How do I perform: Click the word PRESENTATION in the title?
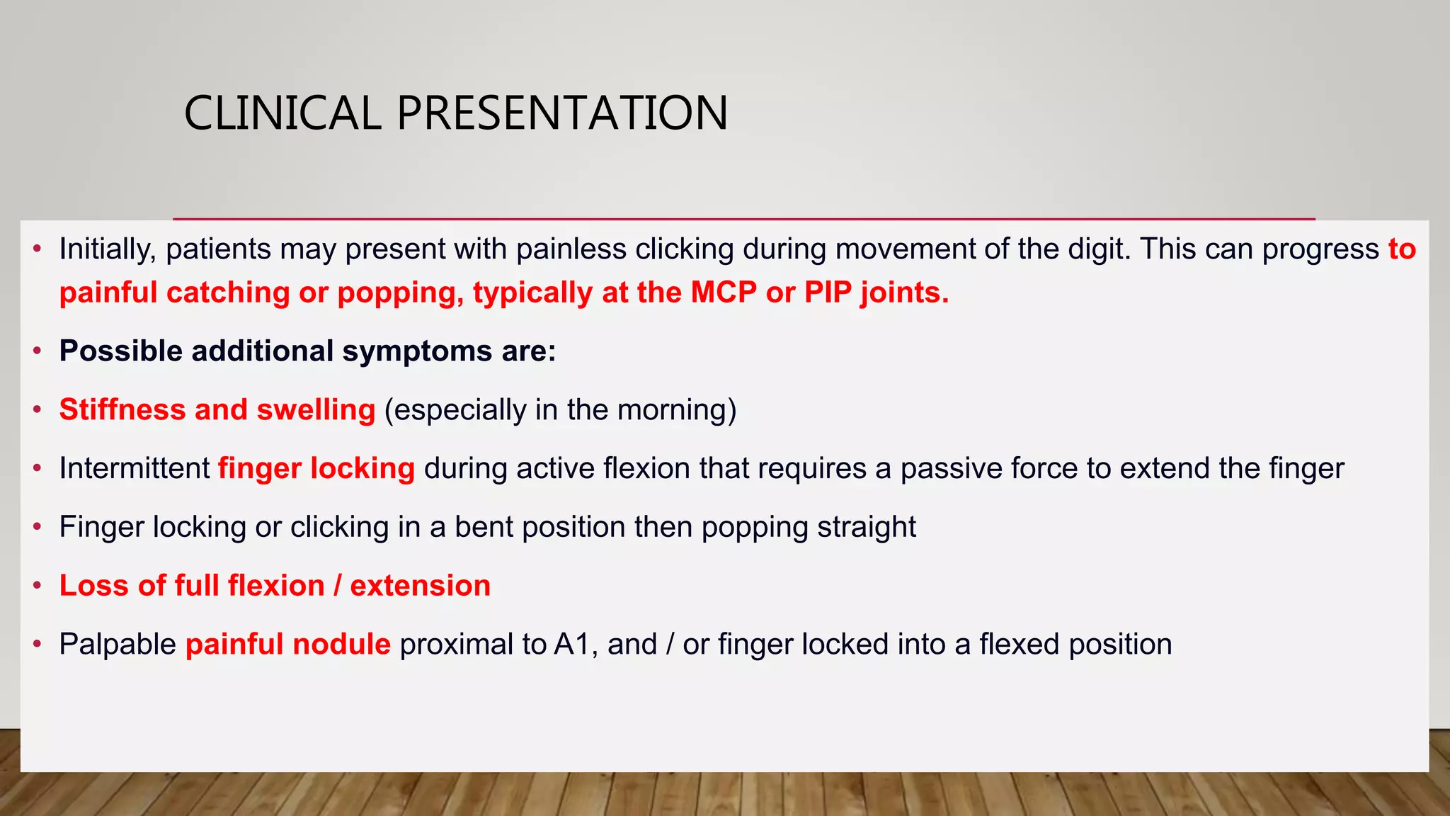click(x=562, y=113)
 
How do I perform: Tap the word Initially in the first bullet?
click(x=106, y=249)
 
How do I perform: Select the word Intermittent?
click(x=135, y=469)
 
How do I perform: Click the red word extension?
click(x=420, y=586)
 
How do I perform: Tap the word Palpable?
click(x=118, y=645)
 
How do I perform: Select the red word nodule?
click(x=341, y=645)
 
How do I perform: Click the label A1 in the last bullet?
click(x=572, y=645)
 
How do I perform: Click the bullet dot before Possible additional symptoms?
click(x=38, y=351)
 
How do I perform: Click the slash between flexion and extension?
click(x=337, y=586)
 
